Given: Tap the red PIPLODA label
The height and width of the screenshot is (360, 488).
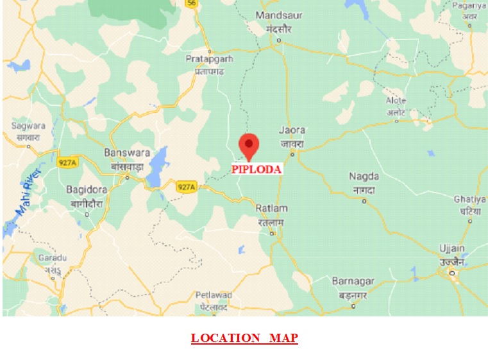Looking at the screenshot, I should tap(257, 170).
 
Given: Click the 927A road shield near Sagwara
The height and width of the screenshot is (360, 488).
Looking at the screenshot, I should tap(66, 163).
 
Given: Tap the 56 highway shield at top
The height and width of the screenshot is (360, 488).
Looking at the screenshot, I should tap(191, 3).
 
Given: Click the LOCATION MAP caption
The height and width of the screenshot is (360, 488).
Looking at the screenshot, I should tap(244, 338).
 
